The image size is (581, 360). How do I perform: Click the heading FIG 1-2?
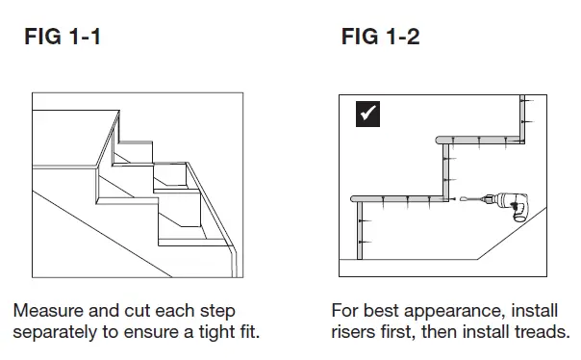point(380,38)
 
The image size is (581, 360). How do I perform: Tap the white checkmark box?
point(367,113)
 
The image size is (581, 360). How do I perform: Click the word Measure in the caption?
point(47,312)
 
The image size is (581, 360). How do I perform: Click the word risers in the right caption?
point(354,333)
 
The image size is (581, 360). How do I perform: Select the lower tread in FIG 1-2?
point(400,198)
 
